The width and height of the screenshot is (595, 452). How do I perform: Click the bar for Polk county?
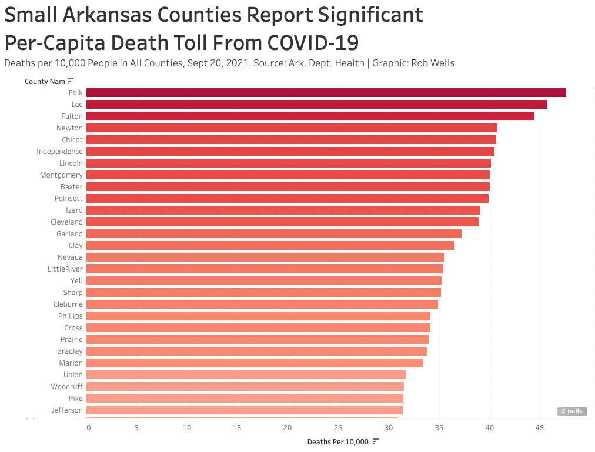click(326, 92)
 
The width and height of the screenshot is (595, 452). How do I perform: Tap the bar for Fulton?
click(310, 116)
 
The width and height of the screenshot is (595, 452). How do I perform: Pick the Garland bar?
click(273, 233)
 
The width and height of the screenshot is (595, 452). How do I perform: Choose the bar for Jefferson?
click(244, 410)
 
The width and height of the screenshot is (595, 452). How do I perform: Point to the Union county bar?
click(246, 374)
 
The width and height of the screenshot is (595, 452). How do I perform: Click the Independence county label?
click(59, 151)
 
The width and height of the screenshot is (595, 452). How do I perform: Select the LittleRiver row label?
click(65, 269)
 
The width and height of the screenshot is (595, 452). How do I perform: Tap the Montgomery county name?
click(61, 175)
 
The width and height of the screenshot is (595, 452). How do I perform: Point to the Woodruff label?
click(66, 386)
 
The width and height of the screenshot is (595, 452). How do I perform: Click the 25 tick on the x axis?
click(338, 428)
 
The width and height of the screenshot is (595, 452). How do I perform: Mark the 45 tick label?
click(539, 428)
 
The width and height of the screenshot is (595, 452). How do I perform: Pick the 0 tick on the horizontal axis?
click(89, 428)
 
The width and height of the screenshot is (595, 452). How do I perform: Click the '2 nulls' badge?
click(571, 411)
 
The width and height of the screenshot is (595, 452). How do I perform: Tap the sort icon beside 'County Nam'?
click(71, 81)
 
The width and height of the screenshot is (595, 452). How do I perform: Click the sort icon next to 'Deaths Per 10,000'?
click(375, 441)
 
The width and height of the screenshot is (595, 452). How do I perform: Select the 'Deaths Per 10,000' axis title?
click(337, 441)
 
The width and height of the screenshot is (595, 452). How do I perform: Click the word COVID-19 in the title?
click(313, 42)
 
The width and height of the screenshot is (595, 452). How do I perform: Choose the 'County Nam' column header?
click(44, 81)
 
